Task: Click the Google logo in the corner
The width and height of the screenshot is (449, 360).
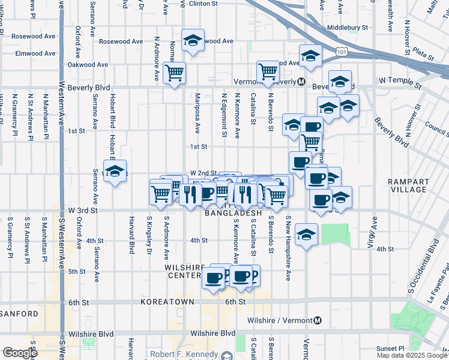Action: [x=20, y=353]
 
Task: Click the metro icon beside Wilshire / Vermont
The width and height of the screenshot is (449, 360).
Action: [x=318, y=321]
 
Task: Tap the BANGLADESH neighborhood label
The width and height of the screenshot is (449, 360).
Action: [x=234, y=213]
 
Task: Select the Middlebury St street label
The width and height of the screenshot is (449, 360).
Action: [x=348, y=28]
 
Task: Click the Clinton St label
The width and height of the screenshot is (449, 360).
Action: [x=203, y=4]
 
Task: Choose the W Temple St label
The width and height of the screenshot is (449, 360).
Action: [x=400, y=80]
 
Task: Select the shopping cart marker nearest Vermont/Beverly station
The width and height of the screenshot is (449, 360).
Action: [x=268, y=72]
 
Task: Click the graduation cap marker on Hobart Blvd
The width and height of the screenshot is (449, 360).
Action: [x=115, y=172]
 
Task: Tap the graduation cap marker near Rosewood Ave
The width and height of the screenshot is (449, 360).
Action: [x=193, y=41]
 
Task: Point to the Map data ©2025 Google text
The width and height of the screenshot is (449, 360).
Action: [x=412, y=355]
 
